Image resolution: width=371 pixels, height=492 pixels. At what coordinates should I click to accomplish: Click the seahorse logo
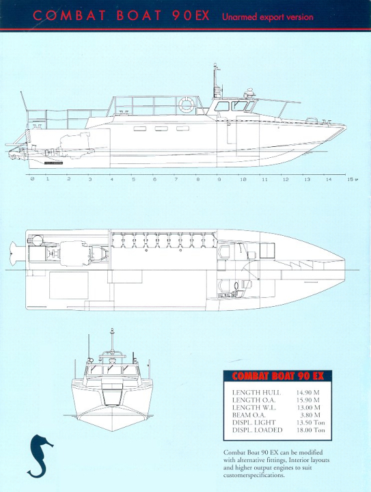pos(40,456)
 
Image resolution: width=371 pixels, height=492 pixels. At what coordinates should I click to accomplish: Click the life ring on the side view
pos(186,105)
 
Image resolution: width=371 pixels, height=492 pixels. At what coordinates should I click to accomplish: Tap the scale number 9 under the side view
pos(219,180)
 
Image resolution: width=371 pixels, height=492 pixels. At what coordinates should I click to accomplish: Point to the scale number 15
pos(351,180)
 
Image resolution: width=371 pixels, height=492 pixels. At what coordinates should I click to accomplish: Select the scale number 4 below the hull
pos(111,180)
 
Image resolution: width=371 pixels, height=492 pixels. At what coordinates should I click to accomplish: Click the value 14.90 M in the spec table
pos(308,392)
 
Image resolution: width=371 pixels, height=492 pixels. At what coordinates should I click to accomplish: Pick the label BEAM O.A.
pos(249,415)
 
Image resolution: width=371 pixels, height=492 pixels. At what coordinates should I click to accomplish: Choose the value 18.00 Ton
pos(311,430)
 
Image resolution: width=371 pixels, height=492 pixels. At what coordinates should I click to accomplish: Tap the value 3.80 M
pos(310,415)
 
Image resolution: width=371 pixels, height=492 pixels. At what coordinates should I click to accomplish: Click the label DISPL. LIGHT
pos(254,423)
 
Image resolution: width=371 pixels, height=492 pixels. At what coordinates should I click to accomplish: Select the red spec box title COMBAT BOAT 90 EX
pos(278,376)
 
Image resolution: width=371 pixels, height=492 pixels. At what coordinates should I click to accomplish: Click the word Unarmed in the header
pos(235,17)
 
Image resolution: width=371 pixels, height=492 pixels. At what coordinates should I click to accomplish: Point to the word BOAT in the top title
pos(139,16)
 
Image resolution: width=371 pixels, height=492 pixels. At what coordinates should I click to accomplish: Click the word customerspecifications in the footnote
pos(254,475)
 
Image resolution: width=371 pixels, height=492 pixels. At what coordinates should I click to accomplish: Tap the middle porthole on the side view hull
pos(161,128)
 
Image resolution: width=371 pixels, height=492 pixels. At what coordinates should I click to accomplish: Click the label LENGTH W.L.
pos(254,407)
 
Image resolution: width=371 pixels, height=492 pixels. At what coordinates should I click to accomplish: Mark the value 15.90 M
pos(308,400)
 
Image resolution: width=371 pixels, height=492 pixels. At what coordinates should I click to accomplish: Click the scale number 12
pos(286,180)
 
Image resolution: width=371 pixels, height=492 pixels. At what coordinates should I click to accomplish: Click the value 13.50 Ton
pos(311,423)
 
